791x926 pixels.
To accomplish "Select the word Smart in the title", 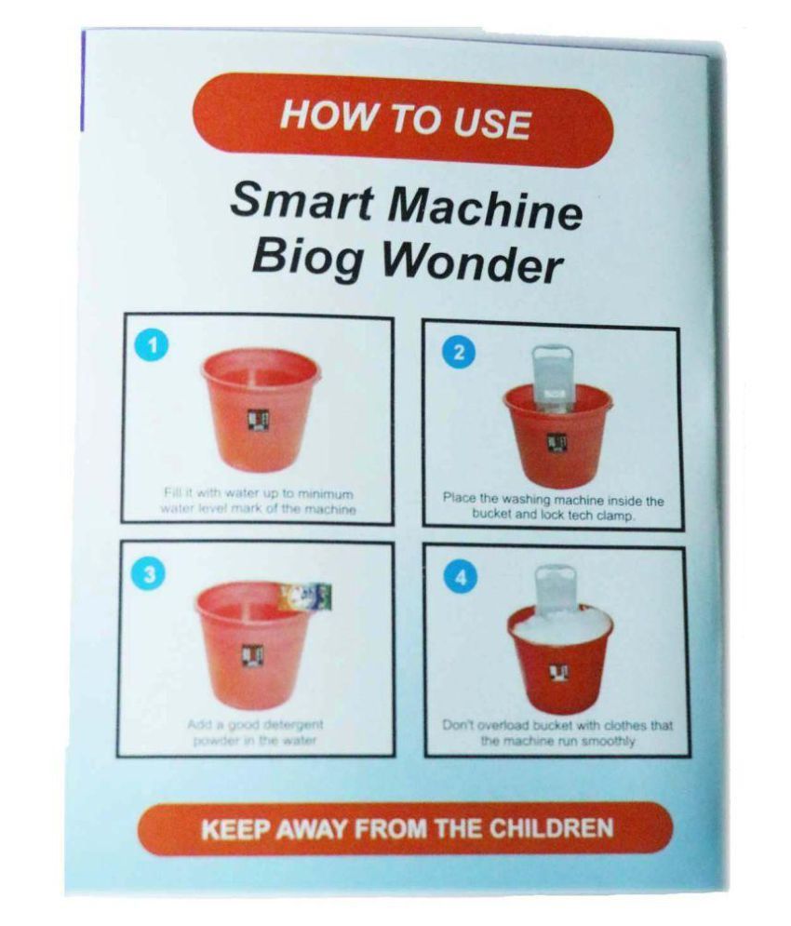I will [289, 201].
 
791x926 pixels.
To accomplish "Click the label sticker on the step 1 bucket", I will [258, 421].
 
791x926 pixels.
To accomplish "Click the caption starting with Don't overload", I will [556, 733].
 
